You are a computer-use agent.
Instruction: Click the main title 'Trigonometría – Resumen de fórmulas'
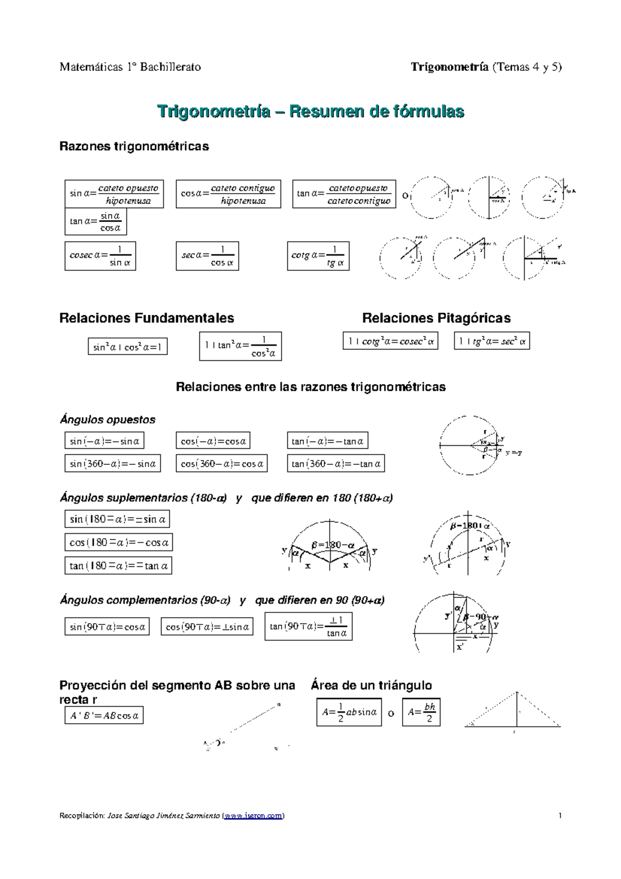310,111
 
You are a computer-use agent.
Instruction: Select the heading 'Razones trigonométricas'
134,146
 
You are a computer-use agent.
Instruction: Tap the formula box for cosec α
100,256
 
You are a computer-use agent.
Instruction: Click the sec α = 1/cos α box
207,256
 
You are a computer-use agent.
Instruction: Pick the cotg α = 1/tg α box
318,256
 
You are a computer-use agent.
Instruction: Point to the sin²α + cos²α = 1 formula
128,347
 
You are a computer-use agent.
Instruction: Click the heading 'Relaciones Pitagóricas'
436,318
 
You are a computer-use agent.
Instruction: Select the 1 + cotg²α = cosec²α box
390,341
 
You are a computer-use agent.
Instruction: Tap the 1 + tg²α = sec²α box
492,341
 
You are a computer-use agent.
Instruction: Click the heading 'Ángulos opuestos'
108,420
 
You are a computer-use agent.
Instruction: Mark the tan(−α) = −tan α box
328,441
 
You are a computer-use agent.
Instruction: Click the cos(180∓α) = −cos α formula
119,543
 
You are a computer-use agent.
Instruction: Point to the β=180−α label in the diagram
333,545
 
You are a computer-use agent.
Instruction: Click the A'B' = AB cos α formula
104,716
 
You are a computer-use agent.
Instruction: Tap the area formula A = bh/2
421,712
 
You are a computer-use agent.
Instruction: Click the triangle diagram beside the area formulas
512,712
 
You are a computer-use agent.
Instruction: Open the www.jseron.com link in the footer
253,816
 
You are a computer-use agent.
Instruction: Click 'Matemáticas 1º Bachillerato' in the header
130,67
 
